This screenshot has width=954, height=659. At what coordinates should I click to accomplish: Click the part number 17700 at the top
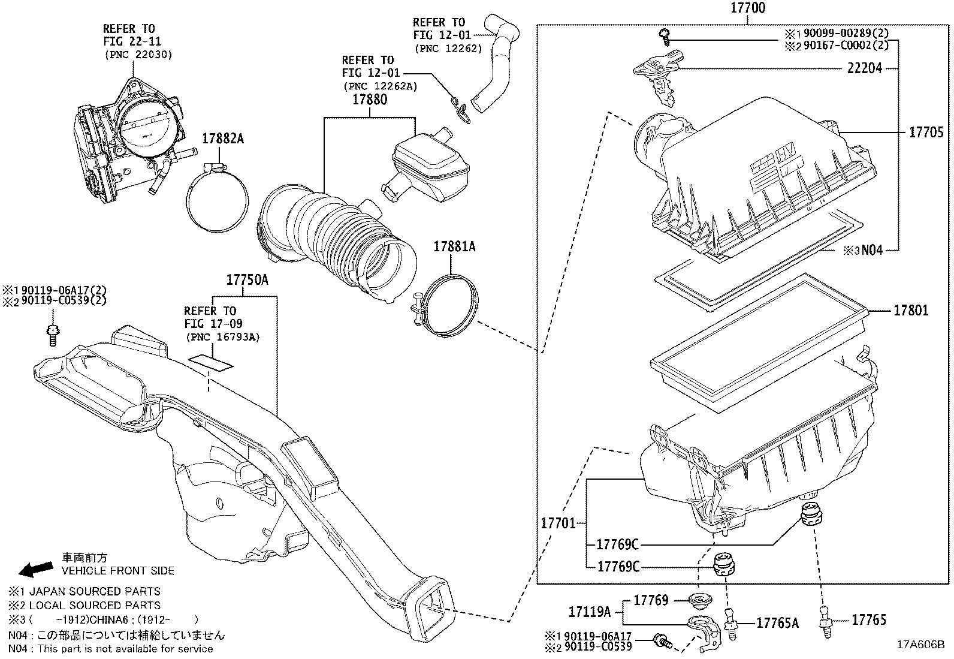(x=748, y=8)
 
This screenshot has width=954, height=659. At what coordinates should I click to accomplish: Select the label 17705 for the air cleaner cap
(x=926, y=133)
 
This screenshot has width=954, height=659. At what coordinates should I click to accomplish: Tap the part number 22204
(x=865, y=69)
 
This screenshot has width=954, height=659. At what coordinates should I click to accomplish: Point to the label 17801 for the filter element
(x=911, y=310)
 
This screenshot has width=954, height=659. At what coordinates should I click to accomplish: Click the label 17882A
(x=222, y=139)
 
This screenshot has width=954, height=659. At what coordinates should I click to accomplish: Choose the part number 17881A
(x=454, y=246)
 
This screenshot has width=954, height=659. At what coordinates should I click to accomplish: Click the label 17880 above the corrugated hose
(x=369, y=100)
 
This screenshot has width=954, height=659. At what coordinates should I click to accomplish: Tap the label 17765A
(x=777, y=624)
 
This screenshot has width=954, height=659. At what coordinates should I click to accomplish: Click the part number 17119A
(x=589, y=612)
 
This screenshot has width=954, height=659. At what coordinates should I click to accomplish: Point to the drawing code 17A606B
(x=920, y=645)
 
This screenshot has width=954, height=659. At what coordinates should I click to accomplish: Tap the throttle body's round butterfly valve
(x=146, y=128)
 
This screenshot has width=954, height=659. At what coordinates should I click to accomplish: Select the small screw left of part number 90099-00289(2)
(x=665, y=36)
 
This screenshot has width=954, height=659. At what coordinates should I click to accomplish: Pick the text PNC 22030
(x=138, y=55)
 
